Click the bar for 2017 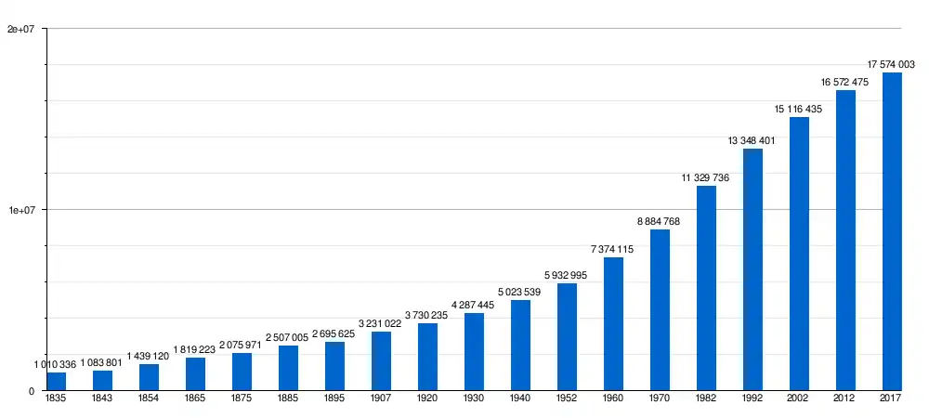pyautogui.click(x=892, y=231)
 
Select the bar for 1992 pyautogui.click(x=752, y=269)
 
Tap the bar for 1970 pyautogui.click(x=660, y=310)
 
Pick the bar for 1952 pyautogui.click(x=567, y=337)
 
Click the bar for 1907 pyautogui.click(x=381, y=361)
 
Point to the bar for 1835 pyautogui.click(x=56, y=382)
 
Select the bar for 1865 pyautogui.click(x=195, y=374)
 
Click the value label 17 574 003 pyautogui.click(x=891, y=64)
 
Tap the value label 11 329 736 pyautogui.click(x=705, y=177)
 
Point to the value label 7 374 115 pyautogui.click(x=612, y=249)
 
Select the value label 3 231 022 pyautogui.click(x=380, y=323)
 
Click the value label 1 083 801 pyautogui.click(x=102, y=362)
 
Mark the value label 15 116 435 pyautogui.click(x=798, y=109)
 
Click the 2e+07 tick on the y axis pyautogui.click(x=20, y=29)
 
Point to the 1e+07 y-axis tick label pyautogui.click(x=20, y=210)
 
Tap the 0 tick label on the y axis pyautogui.click(x=32, y=391)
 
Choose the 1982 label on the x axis pyautogui.click(x=706, y=399)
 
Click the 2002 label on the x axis pyautogui.click(x=799, y=399)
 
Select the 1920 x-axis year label pyautogui.click(x=427, y=399)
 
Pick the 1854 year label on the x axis pyautogui.click(x=149, y=399)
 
